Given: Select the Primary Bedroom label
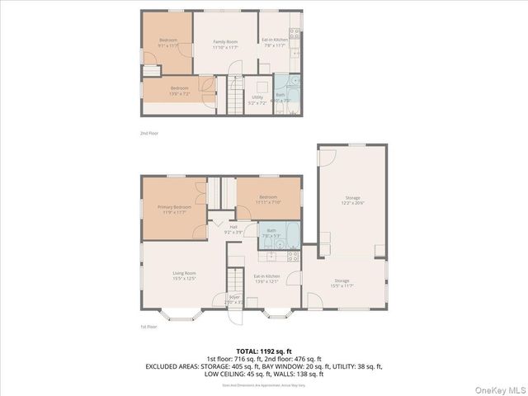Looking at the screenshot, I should (x=175, y=207).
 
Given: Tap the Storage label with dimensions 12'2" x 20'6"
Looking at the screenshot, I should (x=352, y=198).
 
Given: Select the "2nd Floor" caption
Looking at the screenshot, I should (x=149, y=133).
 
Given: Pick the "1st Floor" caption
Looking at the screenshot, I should (x=149, y=328).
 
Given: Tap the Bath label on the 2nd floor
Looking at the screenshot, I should (x=280, y=95).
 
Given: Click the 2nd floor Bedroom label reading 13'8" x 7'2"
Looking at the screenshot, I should (x=179, y=88).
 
